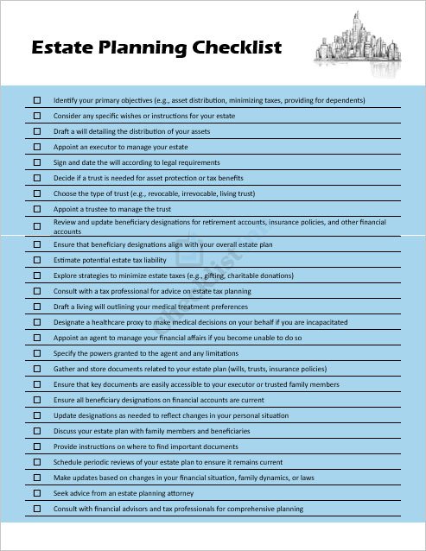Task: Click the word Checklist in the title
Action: point(236,47)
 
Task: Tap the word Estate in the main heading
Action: point(62,47)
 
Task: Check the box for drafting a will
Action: point(37,131)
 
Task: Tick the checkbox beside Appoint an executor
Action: point(37,147)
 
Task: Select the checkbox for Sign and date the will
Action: point(37,162)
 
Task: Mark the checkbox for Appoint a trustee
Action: point(37,209)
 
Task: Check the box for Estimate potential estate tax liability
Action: point(37,260)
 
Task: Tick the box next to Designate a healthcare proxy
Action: point(37,322)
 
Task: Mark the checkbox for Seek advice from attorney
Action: point(37,493)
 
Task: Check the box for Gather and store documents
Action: point(37,369)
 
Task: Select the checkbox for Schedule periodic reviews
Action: point(37,462)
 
